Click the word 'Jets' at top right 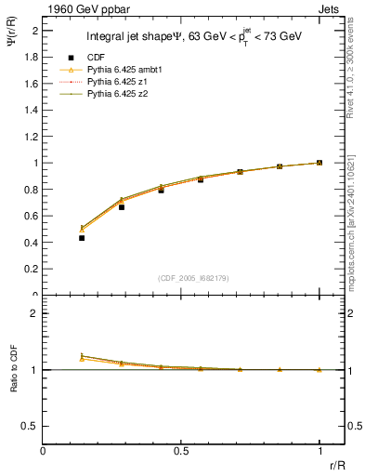point(331,7)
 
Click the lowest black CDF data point point(82,238)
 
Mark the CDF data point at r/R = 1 point(319,163)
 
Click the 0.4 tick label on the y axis point(32,243)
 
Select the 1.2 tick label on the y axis point(32,137)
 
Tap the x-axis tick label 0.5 point(181,450)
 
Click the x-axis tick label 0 point(43,450)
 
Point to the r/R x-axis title point(336,464)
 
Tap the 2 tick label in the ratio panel point(35,314)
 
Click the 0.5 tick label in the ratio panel point(32,425)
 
